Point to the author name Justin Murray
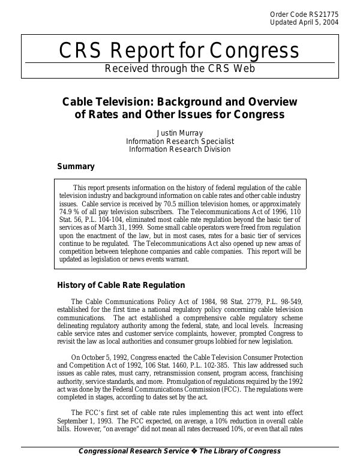[180, 133]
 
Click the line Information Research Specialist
[180, 141]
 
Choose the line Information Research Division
[180, 149]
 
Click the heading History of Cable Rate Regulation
[121, 285]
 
